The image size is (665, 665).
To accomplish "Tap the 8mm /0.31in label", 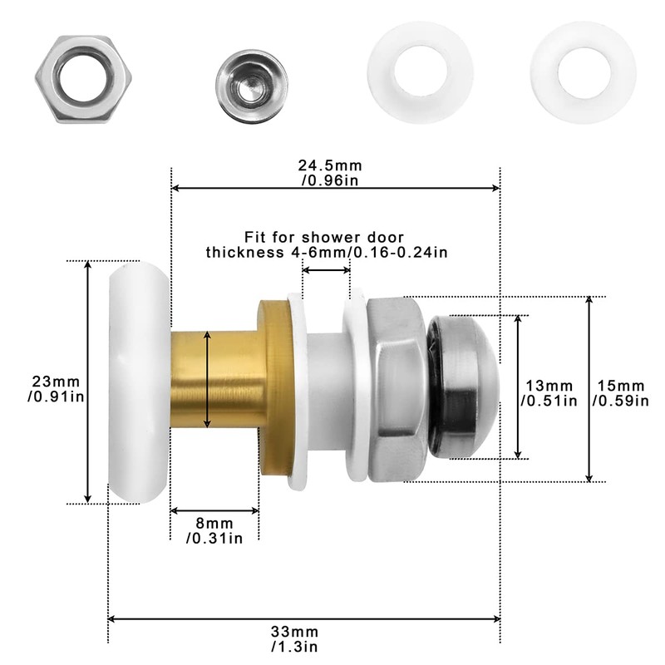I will pos(214,530).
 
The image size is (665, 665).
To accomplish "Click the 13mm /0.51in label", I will pos(549,393).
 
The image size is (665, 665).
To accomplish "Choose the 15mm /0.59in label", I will pos(620,393).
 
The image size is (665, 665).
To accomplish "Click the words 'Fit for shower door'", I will pos(327,236).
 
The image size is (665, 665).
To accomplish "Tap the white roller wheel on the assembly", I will pos(137,382).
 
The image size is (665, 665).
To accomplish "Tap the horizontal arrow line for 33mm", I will pos(303,618).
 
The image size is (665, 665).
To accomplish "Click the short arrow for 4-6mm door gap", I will pos(326,271).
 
